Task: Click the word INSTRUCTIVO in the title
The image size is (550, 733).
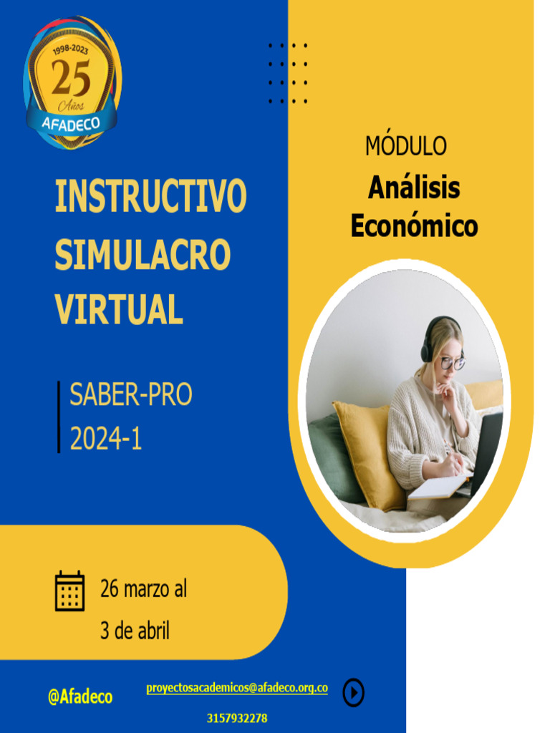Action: tap(150, 197)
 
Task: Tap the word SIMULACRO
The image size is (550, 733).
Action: tap(143, 253)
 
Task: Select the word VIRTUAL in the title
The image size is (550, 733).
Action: tap(119, 309)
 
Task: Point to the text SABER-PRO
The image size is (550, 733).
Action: tap(130, 395)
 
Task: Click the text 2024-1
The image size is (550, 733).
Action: tap(105, 438)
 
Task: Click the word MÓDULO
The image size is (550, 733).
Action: tap(405, 146)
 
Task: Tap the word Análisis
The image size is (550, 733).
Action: tap(413, 188)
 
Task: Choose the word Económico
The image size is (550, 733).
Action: tap(413, 225)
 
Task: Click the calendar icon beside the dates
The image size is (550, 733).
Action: tap(70, 591)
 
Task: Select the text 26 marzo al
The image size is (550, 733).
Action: tap(143, 589)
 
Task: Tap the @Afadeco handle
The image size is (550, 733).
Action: tap(80, 696)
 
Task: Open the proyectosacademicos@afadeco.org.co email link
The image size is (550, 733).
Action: tap(237, 688)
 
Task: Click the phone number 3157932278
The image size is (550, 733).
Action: tap(237, 718)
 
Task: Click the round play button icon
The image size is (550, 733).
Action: tap(353, 692)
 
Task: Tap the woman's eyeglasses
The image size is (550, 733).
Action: tap(451, 362)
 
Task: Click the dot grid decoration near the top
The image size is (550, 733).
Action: tap(288, 73)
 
